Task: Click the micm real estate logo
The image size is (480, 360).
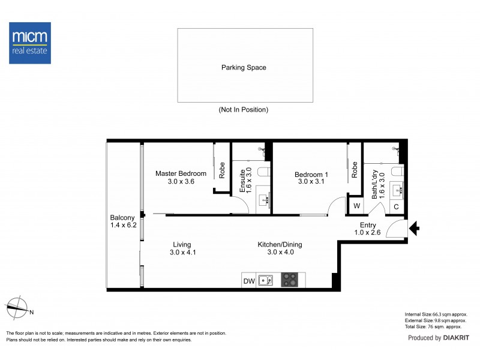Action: click(x=30, y=43)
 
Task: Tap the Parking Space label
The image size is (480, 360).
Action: click(x=243, y=68)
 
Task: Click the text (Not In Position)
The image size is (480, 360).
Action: click(x=243, y=110)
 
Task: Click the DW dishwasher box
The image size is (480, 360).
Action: click(x=248, y=280)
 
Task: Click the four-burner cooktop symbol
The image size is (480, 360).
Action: click(x=290, y=280)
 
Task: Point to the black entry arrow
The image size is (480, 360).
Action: click(x=414, y=228)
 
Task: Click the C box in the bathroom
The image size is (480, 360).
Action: click(x=396, y=207)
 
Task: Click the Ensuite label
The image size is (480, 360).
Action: click(x=243, y=178)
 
